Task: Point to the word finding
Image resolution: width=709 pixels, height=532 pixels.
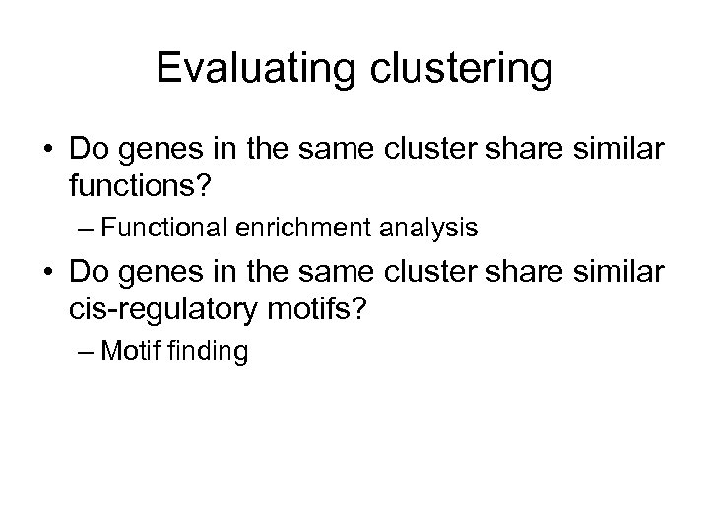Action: tap(214, 350)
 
